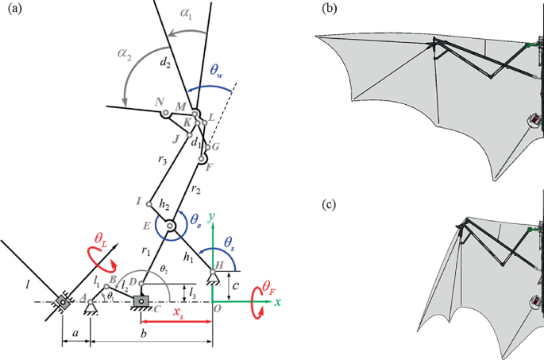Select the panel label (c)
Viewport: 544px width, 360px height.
pos(330,204)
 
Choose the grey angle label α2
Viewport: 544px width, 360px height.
pos(124,53)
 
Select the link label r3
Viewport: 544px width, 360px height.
pos(162,160)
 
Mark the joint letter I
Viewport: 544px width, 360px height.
pos(138,202)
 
